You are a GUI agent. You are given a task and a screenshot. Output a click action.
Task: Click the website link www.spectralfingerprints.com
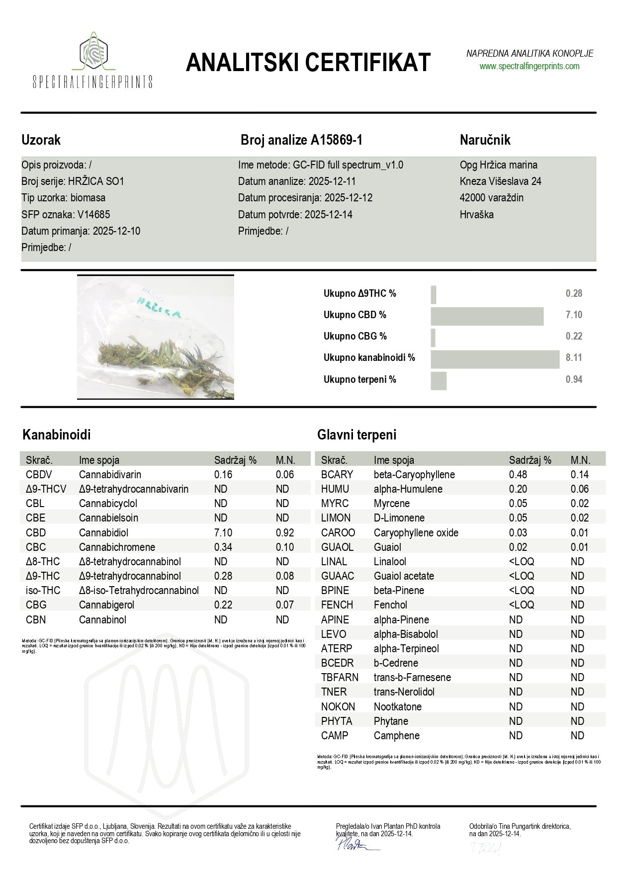pos(529,66)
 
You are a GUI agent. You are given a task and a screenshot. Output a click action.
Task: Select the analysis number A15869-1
pos(337,140)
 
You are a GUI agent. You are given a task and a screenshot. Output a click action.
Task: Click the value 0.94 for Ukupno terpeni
pos(574,380)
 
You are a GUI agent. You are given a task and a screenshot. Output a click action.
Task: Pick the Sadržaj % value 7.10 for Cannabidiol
pos(223,532)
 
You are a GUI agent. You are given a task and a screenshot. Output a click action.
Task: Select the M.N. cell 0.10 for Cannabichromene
pos(285,547)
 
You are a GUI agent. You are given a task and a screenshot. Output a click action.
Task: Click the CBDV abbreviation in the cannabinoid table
pos(39,475)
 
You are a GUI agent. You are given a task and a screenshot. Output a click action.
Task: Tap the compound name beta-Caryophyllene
pos(414,475)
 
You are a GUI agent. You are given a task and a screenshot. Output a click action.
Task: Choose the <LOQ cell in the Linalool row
pos(522,562)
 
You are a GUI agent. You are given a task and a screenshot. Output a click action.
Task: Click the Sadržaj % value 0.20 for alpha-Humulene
pos(518,489)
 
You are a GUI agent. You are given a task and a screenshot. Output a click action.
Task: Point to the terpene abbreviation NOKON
pos(338,706)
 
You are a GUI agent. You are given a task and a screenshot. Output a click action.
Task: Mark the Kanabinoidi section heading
pos(57,435)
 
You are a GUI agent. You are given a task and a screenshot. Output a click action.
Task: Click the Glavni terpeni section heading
pos(356,435)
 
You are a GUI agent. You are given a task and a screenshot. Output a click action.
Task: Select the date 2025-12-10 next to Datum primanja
pos(116,231)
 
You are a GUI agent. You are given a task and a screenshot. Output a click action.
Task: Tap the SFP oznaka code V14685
pos(93,215)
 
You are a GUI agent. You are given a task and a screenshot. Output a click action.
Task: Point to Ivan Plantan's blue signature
pos(350,843)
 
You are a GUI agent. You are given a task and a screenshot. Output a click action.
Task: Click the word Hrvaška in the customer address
pos(476,215)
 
